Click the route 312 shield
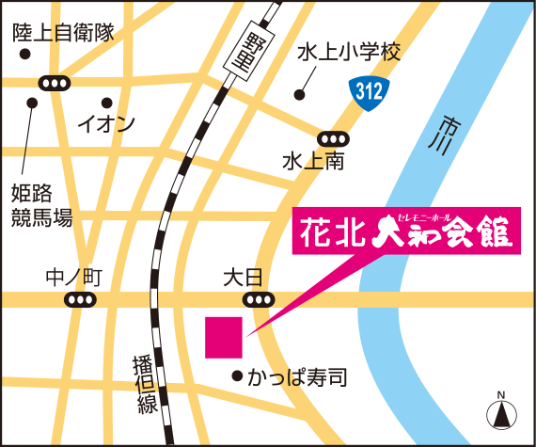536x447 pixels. pyautogui.click(x=369, y=91)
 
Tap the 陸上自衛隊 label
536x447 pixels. pyautogui.click(x=63, y=34)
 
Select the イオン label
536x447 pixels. pyautogui.click(x=106, y=122)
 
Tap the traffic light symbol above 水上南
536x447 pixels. pyautogui.click(x=333, y=137)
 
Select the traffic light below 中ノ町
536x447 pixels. pyautogui.click(x=80, y=300)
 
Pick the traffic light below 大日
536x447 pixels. pyautogui.click(x=257, y=300)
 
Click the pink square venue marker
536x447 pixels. pyautogui.click(x=224, y=337)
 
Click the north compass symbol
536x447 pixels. pyautogui.click(x=501, y=411)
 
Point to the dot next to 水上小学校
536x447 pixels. pyautogui.click(x=299, y=94)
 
